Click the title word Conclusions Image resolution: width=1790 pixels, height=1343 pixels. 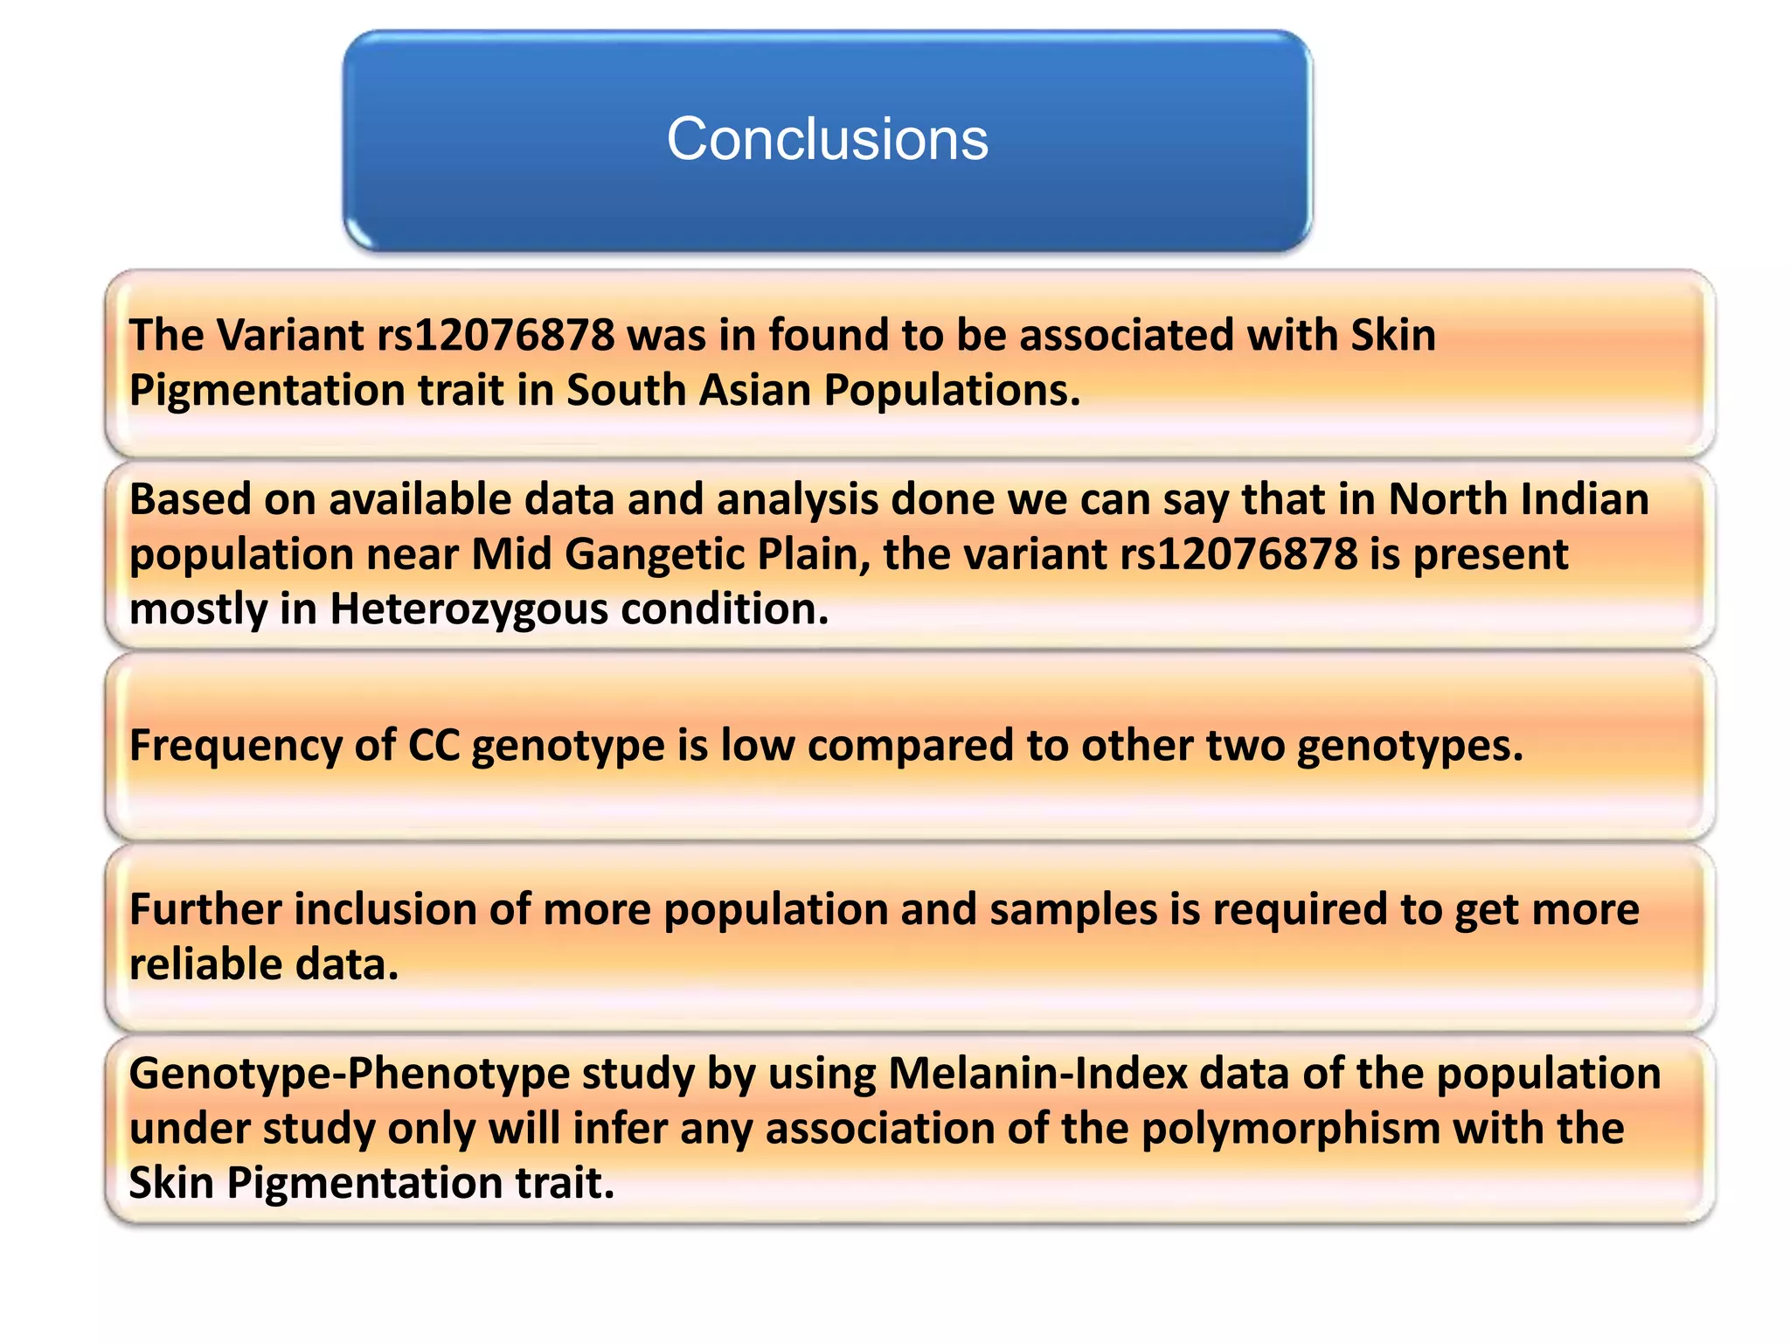(x=827, y=139)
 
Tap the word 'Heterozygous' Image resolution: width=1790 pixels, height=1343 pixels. (x=468, y=609)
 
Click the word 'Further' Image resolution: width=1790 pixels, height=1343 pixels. (x=205, y=909)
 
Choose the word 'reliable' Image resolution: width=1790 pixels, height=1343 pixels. (x=206, y=964)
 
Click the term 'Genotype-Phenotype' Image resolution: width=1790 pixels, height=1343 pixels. (x=350, y=1075)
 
